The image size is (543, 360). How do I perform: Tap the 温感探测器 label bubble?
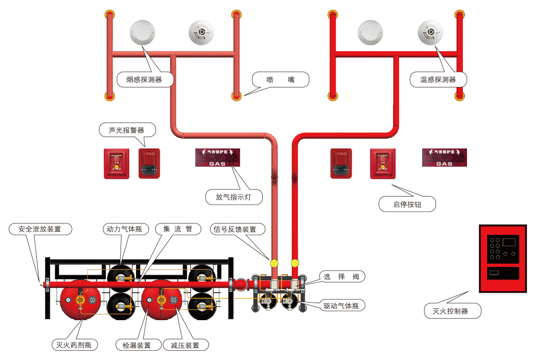click(438, 80)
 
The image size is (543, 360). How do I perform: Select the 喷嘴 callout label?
click(281, 80)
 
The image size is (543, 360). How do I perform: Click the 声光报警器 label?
click(126, 130)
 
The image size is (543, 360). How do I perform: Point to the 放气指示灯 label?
click(234, 197)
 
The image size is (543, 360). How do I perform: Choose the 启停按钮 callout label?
click(407, 204)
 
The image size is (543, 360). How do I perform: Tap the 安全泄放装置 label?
click(39, 229)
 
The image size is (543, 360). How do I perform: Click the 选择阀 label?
click(341, 277)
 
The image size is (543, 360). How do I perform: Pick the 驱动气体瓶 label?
click(341, 306)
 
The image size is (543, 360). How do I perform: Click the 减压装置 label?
click(185, 345)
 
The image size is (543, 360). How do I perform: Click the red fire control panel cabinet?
click(503, 259)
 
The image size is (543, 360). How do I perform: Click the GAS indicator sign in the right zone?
click(444, 158)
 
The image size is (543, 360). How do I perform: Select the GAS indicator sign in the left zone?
click(218, 158)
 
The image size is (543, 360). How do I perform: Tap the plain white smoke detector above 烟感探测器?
click(142, 33)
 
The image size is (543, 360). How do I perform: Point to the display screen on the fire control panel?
click(509, 241)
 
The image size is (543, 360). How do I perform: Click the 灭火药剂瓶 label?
click(74, 345)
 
